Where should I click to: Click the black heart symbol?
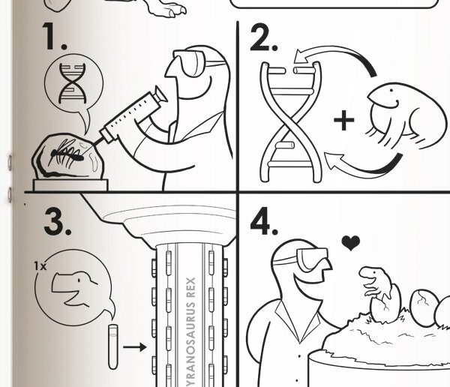pyautogui.click(x=351, y=242)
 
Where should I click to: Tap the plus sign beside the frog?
pyautogui.click(x=343, y=120)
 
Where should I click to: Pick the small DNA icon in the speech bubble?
pyautogui.click(x=72, y=83)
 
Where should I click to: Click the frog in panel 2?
pyautogui.click(x=406, y=115)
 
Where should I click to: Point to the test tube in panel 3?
pyautogui.click(x=113, y=346)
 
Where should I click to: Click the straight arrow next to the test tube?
pyautogui.click(x=135, y=347)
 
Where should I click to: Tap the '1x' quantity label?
pyautogui.click(x=40, y=266)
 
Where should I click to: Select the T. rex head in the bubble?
pyautogui.click(x=74, y=288)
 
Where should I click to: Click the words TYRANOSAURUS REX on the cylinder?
pyautogui.click(x=190, y=332)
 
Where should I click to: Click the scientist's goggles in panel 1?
pyautogui.click(x=190, y=62)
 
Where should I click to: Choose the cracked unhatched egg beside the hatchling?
pyautogui.click(x=422, y=307)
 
